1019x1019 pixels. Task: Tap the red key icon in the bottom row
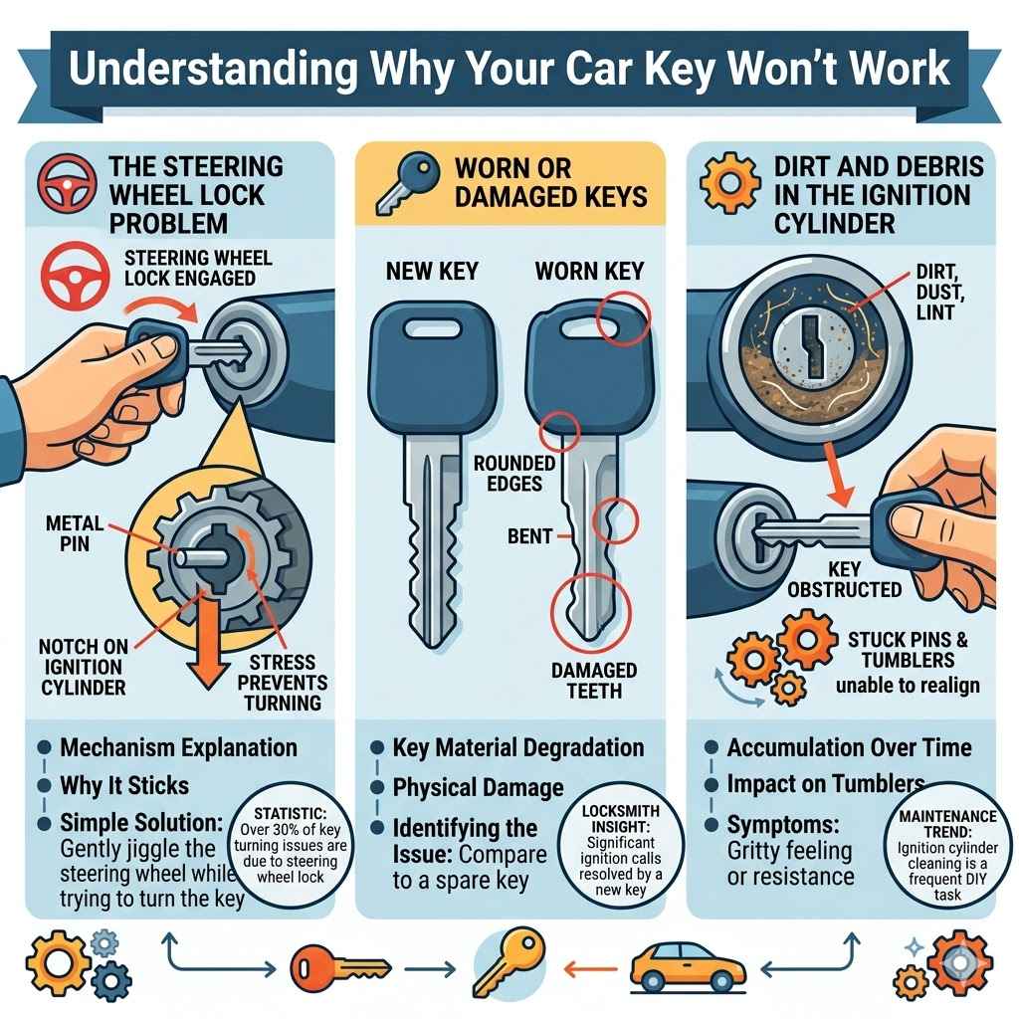338,964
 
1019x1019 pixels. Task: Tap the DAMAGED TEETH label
594,681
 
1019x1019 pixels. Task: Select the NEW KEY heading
432,270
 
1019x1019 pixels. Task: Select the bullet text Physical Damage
478,788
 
